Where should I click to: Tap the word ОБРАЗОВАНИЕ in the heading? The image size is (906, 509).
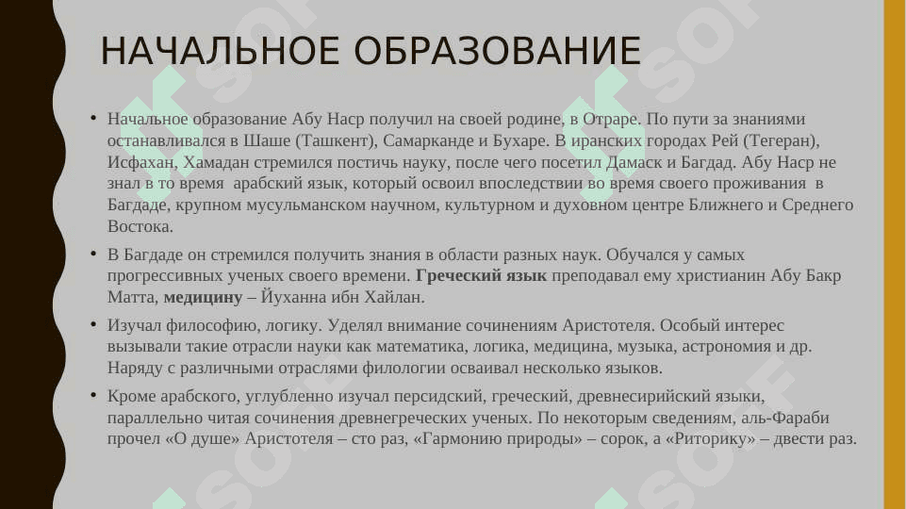pyautogui.click(x=498, y=51)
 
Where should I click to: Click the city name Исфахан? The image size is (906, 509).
pyautogui.click(x=140, y=162)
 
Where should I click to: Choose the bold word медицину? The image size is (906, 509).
pyautogui.click(x=203, y=298)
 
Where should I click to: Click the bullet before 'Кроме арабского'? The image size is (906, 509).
pyautogui.click(x=93, y=395)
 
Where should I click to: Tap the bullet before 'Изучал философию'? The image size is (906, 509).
pyautogui.click(x=93, y=324)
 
